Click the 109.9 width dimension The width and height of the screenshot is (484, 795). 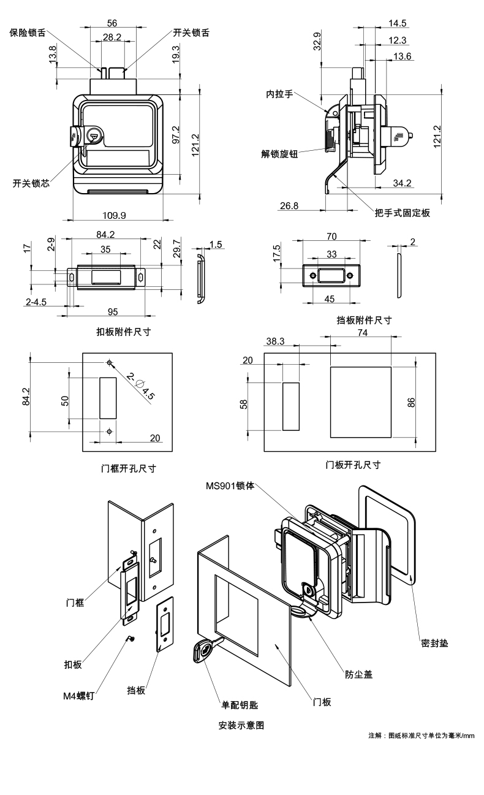pyautogui.click(x=115, y=215)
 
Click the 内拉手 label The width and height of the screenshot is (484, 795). pyautogui.click(x=279, y=94)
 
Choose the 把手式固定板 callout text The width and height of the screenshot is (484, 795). pyautogui.click(x=402, y=213)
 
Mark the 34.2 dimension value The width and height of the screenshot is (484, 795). pyautogui.click(x=401, y=183)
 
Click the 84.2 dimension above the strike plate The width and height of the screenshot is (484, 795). pyautogui.click(x=105, y=234)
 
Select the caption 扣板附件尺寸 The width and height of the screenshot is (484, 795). pyautogui.click(x=123, y=332)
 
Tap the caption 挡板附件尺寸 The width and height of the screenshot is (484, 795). pyautogui.click(x=364, y=319)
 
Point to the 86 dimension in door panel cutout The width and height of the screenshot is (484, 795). pyautogui.click(x=412, y=402)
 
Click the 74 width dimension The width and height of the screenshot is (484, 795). pyautogui.click(x=362, y=332)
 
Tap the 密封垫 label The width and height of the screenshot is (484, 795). pyautogui.click(x=435, y=643)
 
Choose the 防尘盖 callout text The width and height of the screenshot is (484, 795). pyautogui.click(x=358, y=674)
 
